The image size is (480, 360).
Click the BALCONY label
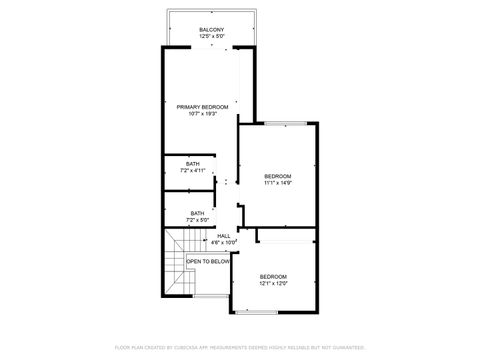(211, 29)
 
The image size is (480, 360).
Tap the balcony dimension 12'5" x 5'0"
(211, 36)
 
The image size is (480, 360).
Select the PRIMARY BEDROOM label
(203, 106)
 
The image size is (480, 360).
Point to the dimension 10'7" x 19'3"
(203, 113)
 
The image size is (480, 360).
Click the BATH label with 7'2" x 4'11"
(192, 164)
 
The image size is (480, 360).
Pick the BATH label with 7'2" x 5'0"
(198, 212)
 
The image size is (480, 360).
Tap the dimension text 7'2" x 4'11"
(192, 171)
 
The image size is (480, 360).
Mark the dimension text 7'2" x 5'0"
(198, 219)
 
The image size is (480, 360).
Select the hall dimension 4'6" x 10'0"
(224, 242)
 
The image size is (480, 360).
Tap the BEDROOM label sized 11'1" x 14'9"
(277, 175)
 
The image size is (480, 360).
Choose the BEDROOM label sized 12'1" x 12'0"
(273, 276)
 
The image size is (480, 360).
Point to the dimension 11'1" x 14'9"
(277, 182)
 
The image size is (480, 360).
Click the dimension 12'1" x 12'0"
(273, 283)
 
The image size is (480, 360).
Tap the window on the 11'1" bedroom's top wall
(285, 123)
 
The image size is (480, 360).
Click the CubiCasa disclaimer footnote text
(240, 347)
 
